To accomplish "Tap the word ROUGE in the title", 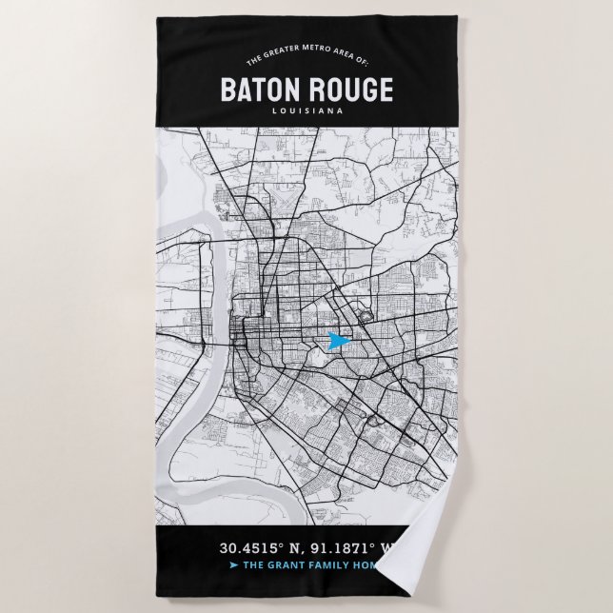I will [349, 90].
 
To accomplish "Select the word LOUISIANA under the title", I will [306, 111].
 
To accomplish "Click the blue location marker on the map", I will [335, 341].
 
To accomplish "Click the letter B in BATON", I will [228, 90].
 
